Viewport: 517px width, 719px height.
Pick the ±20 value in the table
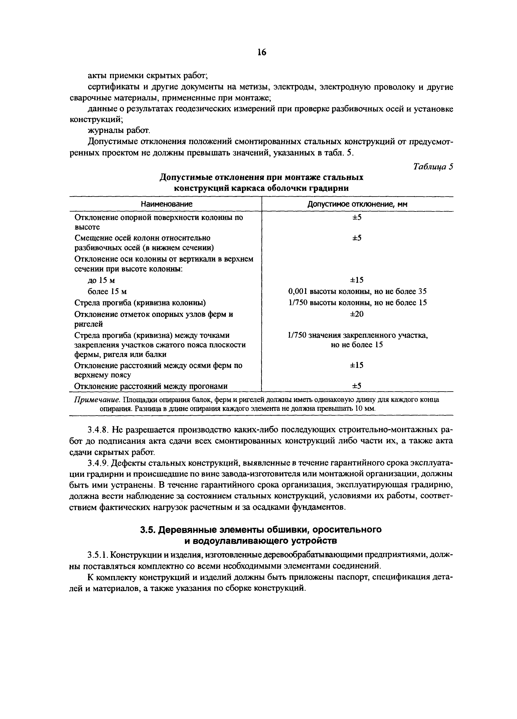357,314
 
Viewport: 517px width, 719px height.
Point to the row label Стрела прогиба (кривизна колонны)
140,303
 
